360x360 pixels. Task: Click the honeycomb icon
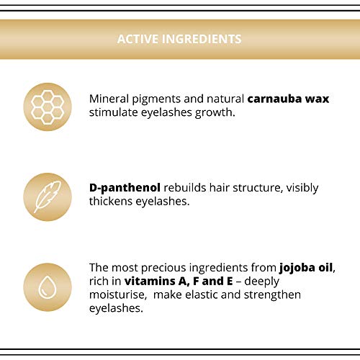(x=48, y=107)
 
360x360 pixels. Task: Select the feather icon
(x=48, y=197)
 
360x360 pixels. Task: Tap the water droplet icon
(x=48, y=287)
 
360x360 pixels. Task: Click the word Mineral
(x=109, y=99)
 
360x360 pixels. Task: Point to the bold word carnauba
(x=274, y=99)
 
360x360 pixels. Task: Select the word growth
(x=215, y=113)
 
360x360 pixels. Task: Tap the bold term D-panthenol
(x=125, y=188)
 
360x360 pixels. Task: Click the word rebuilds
(x=185, y=188)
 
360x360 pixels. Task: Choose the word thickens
(x=111, y=201)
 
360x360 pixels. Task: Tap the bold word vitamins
(x=149, y=282)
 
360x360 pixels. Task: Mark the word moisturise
(x=118, y=294)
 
